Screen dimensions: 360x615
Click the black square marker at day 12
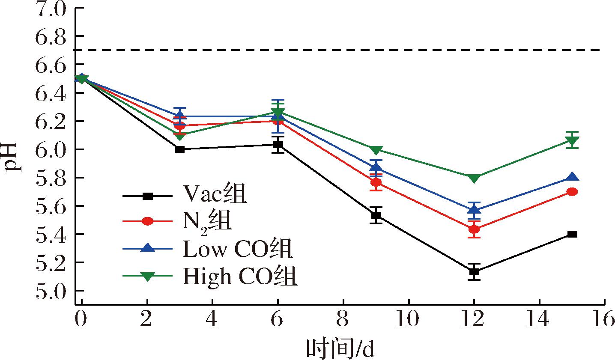coord(474,271)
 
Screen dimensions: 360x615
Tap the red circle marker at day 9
coord(376,183)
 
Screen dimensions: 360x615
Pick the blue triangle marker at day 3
coord(180,116)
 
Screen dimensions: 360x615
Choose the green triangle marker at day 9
coord(376,150)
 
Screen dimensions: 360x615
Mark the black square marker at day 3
coord(180,149)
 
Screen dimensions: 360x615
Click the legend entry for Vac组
coord(215,195)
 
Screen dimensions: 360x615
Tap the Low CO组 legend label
coord(238,249)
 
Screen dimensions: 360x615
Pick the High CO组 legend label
coord(240,277)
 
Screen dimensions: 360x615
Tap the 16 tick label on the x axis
coord(604,319)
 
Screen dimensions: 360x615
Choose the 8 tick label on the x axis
coord(343,319)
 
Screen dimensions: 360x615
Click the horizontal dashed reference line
coord(343,50)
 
